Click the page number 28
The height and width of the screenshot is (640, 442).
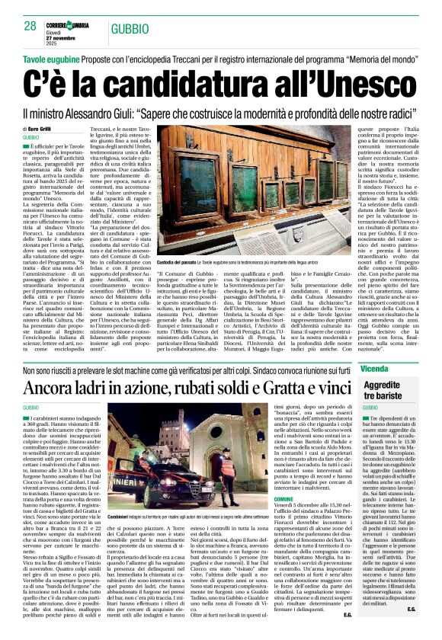(x=31, y=25)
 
